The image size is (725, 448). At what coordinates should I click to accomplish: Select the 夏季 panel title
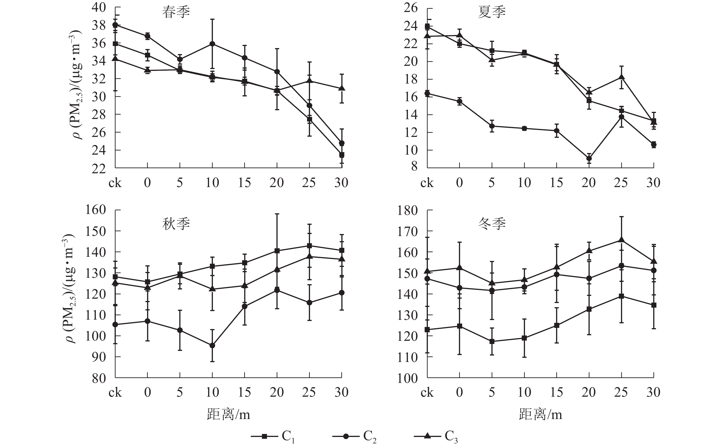(492, 13)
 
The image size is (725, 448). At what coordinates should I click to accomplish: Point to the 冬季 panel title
(492, 224)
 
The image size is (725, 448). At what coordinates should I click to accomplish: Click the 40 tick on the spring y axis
(99, 7)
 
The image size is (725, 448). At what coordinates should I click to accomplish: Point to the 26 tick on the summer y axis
(411, 7)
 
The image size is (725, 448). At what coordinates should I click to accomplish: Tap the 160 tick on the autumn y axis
(96, 210)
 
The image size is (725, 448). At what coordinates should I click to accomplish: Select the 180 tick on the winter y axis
(407, 211)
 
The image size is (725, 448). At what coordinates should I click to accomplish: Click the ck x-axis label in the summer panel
(427, 183)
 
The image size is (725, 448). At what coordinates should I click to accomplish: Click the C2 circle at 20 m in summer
(589, 158)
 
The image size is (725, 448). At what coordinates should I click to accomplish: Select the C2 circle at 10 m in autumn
(212, 345)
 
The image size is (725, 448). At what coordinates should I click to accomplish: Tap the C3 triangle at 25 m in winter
(621, 240)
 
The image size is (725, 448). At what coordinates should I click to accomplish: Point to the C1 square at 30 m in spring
(342, 155)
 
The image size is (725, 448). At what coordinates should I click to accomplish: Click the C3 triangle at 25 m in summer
(621, 77)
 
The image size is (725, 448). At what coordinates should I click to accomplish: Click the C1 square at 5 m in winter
(492, 341)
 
